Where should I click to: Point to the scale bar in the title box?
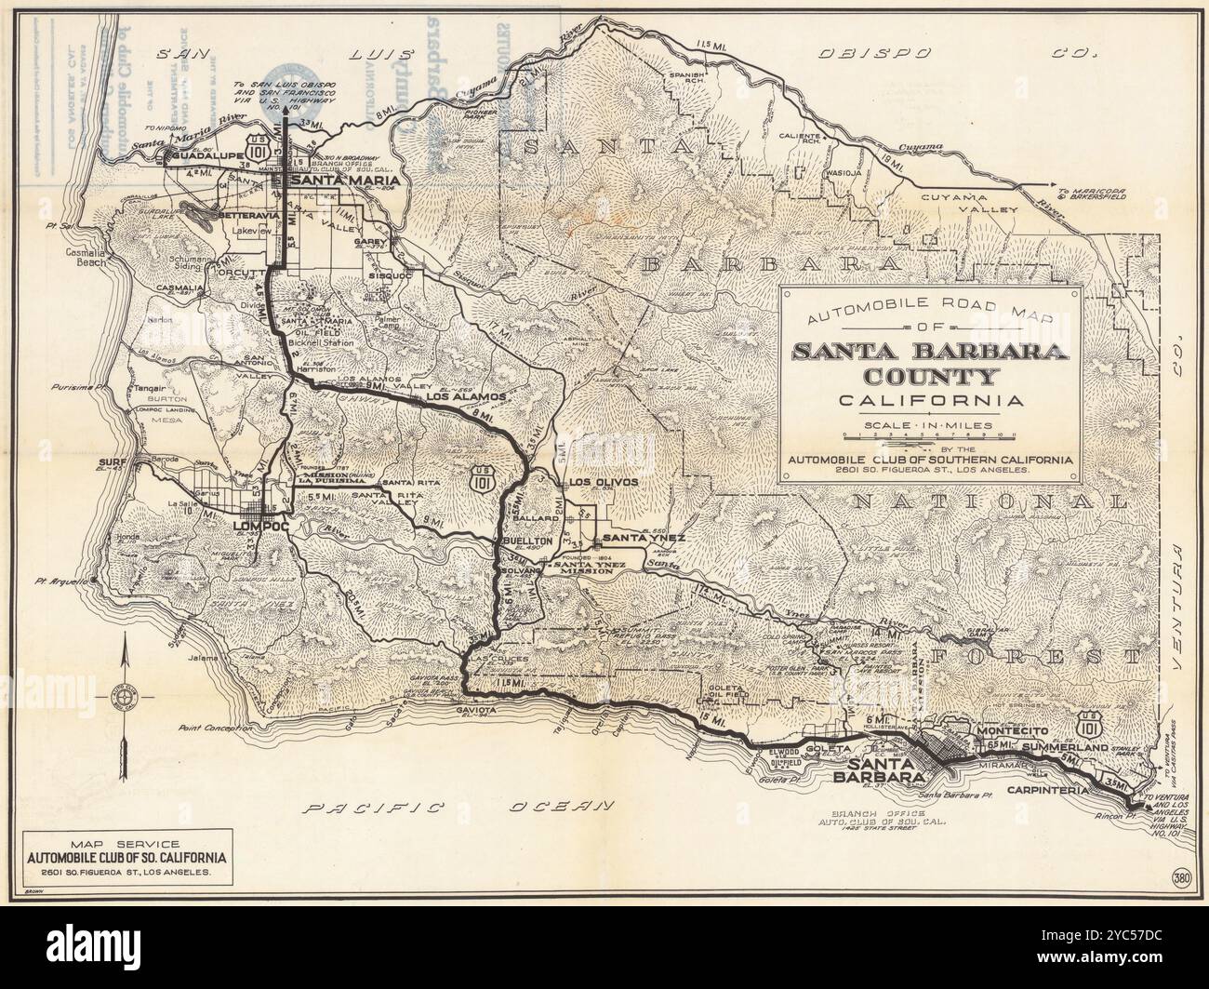[x=930, y=435]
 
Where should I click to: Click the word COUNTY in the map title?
[x=929, y=377]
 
